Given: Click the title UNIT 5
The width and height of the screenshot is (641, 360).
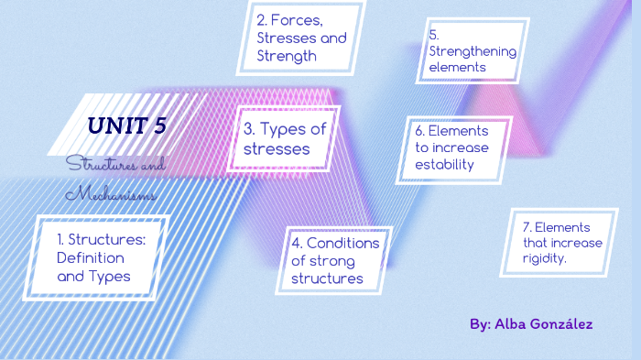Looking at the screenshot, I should tap(126, 125).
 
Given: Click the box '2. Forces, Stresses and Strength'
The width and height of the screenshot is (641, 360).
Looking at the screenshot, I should tap(301, 38).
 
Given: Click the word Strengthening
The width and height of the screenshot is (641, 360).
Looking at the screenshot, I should tap(473, 50).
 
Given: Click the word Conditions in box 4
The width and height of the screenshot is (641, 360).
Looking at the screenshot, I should tap(342, 243).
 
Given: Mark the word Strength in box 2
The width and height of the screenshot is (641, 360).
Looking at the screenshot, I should tap(286, 55).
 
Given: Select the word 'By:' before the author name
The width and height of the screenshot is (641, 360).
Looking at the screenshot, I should tap(480, 324).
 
